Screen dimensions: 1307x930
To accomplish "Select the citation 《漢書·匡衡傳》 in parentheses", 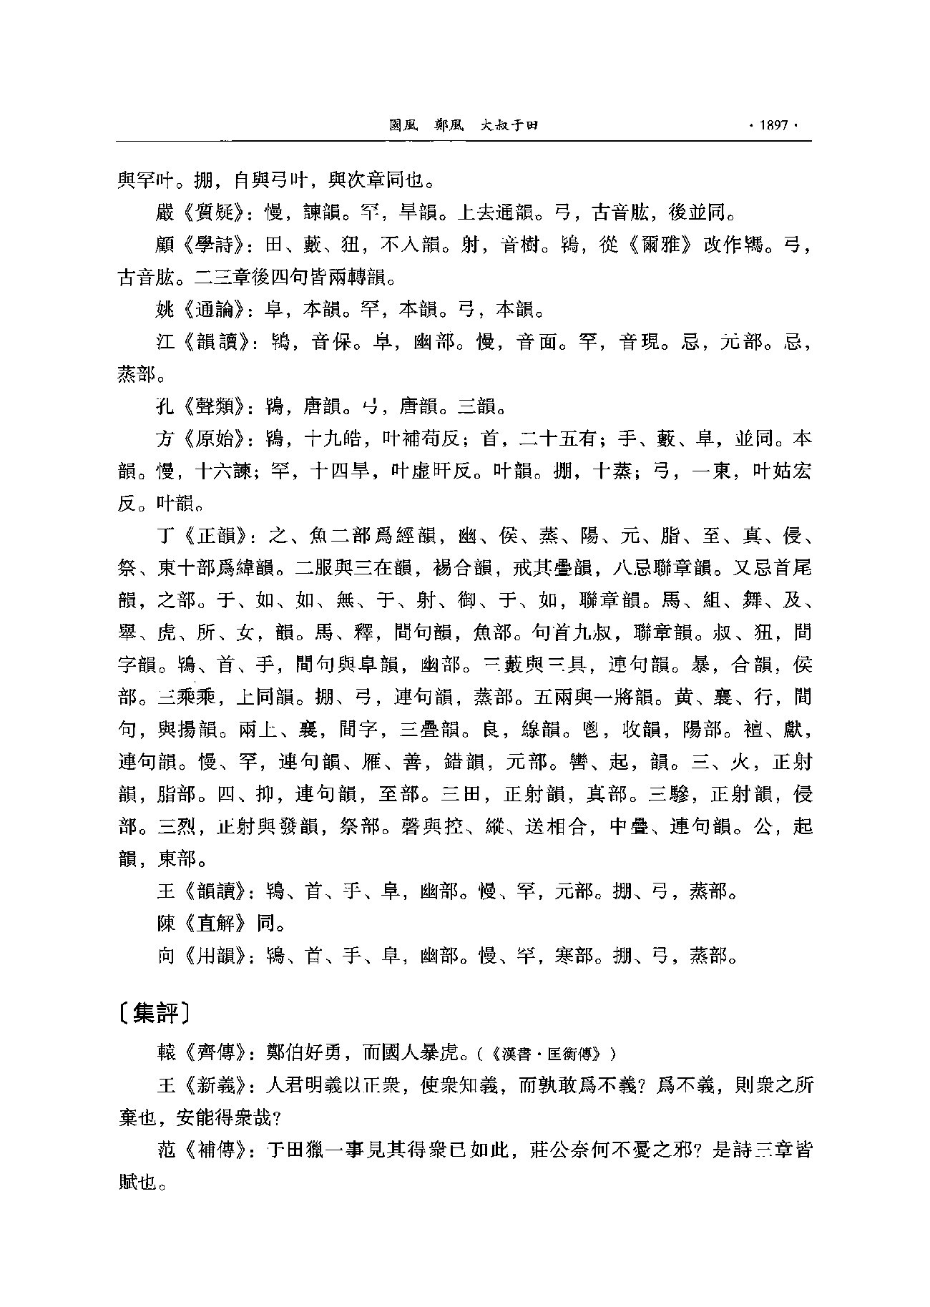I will click(545, 1054).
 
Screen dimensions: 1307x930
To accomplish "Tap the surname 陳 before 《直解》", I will click(165, 923).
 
